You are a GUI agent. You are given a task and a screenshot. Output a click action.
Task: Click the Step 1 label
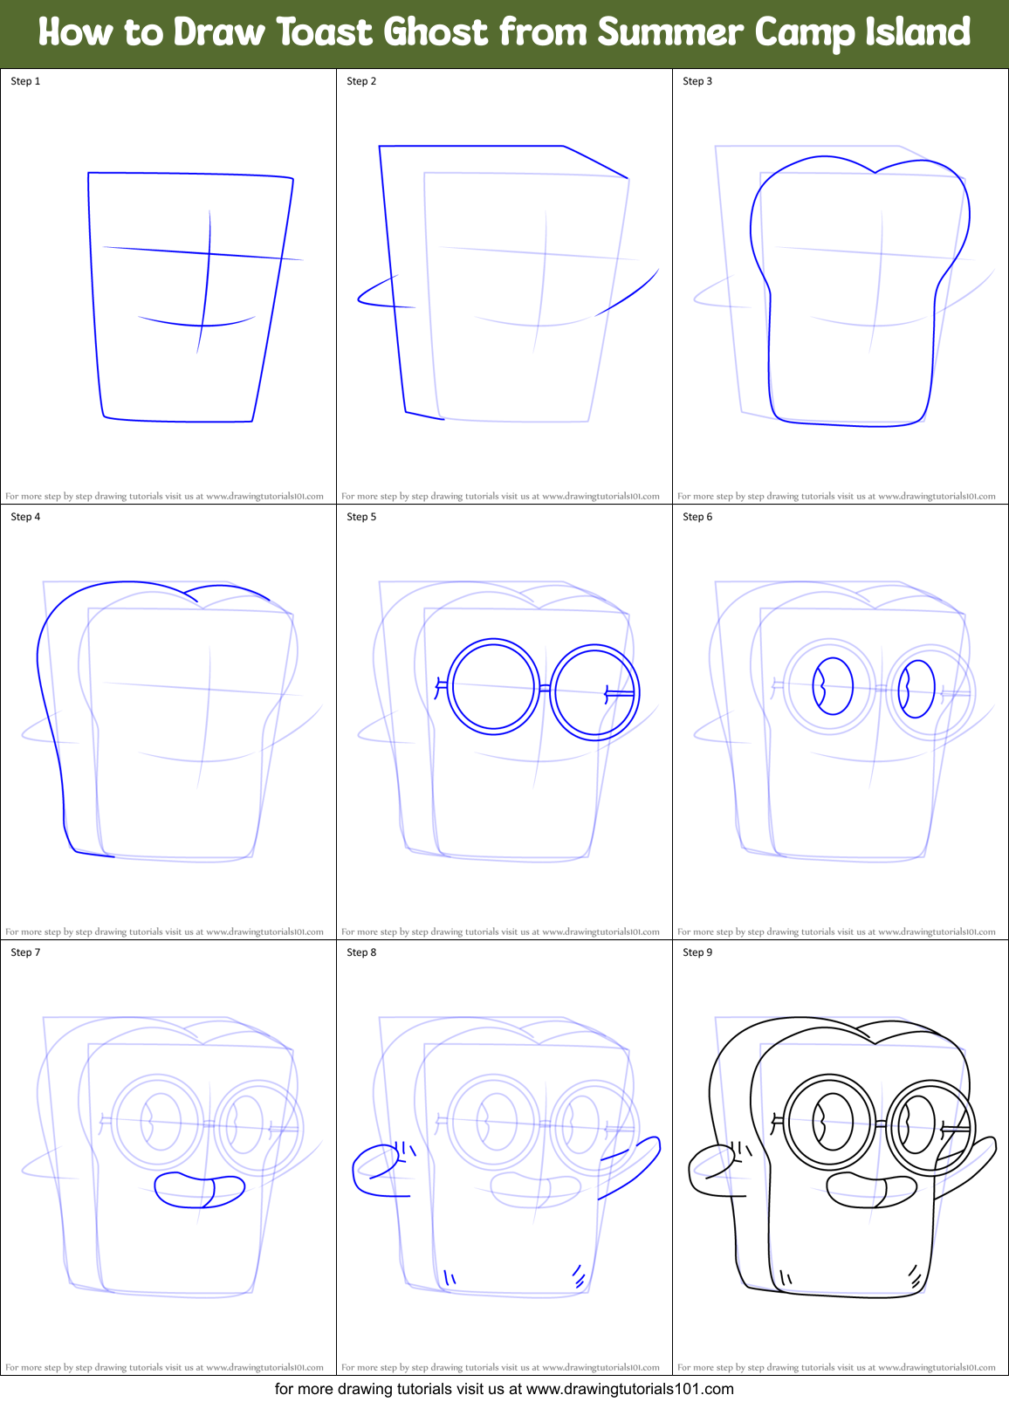point(25,81)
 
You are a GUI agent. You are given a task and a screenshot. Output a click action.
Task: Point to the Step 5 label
point(361,517)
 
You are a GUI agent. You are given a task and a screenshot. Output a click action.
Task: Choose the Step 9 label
point(697,952)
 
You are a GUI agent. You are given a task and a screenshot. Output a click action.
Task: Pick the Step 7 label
point(25,952)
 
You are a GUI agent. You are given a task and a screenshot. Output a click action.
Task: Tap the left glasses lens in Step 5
point(494,686)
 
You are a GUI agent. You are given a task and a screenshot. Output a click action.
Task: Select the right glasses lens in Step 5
point(595,692)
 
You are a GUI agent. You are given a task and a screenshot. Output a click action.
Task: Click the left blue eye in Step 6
point(833,686)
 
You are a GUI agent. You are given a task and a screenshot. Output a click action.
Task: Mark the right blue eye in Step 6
point(916,689)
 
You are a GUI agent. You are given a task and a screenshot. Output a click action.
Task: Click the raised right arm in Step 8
point(630,1165)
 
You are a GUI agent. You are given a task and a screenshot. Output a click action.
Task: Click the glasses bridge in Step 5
point(546,689)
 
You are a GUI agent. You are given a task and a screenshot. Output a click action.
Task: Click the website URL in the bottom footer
point(629,1389)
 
